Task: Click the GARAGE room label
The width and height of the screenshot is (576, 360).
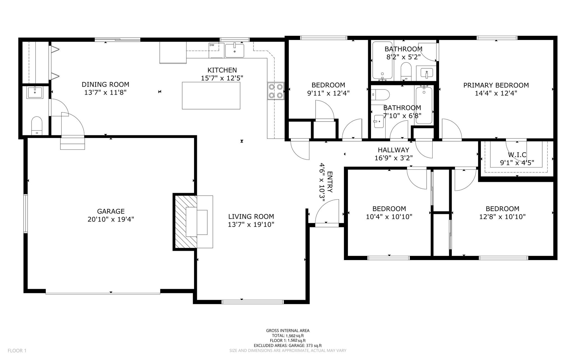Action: click(x=111, y=211)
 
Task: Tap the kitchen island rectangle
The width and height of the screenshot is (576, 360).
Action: click(x=211, y=95)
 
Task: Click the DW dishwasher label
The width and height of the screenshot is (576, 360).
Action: click(x=212, y=45)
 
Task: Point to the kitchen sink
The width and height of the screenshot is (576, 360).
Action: click(x=235, y=51)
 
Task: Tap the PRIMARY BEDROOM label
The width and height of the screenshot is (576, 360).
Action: click(x=496, y=85)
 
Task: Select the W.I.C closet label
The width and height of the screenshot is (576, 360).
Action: click(x=517, y=155)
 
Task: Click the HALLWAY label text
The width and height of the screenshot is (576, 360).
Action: click(x=393, y=150)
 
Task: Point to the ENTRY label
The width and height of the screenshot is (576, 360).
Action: click(x=330, y=182)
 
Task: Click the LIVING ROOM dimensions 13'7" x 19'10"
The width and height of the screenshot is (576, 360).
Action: click(x=251, y=224)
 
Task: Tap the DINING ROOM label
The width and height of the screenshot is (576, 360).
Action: click(x=105, y=84)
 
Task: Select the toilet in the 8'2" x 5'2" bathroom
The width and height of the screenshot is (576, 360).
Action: click(x=406, y=71)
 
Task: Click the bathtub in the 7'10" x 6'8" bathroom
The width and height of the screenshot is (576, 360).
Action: click(x=424, y=105)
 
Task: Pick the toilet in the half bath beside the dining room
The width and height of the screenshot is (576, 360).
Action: click(x=37, y=126)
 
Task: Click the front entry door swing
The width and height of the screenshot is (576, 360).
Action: click(x=327, y=213)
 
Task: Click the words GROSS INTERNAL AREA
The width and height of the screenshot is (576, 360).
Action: click(x=288, y=331)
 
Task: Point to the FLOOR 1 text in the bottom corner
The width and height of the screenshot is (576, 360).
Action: click(x=17, y=351)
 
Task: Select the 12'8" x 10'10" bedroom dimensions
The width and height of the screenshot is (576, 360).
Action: click(x=502, y=216)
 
